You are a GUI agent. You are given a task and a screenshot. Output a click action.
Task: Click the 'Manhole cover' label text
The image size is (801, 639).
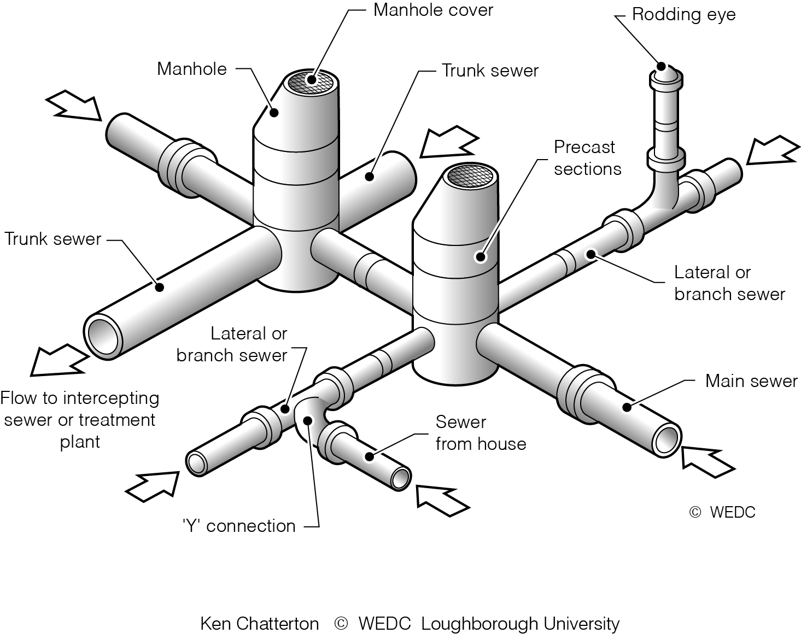[433, 10]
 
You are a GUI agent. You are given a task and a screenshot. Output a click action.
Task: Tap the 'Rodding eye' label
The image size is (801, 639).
[683, 15]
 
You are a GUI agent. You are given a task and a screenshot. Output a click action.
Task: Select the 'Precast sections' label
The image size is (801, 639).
[587, 158]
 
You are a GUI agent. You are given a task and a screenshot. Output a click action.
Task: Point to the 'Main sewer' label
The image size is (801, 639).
[751, 381]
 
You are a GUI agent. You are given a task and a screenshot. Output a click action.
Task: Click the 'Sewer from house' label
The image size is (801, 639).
[480, 433]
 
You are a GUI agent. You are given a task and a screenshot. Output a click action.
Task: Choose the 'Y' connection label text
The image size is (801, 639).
[239, 526]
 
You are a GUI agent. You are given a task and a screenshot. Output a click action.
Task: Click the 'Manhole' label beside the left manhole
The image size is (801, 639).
[191, 69]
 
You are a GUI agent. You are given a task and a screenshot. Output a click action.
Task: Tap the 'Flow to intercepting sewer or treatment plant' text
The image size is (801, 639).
[80, 420]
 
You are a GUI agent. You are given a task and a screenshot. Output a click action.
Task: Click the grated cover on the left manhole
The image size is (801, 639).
[311, 80]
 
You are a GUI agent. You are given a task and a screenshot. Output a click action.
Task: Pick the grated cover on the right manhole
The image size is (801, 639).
[471, 175]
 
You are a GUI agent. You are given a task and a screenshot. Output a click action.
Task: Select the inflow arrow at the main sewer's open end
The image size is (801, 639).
[707, 461]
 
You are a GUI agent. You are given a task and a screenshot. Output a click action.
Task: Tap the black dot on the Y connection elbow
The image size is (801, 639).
[308, 420]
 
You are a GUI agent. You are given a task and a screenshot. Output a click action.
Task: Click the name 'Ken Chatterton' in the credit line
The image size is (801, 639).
[259, 624]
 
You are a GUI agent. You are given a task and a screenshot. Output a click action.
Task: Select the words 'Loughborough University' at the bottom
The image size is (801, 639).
[520, 624]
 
